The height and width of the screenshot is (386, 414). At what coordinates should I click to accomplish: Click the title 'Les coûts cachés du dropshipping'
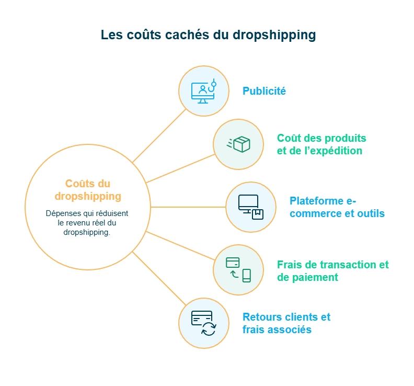pyautogui.click(x=208, y=35)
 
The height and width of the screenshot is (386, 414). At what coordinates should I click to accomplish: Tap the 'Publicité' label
pyautogui.click(x=264, y=91)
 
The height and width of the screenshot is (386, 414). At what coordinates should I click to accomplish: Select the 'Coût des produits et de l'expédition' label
pyautogui.click(x=321, y=144)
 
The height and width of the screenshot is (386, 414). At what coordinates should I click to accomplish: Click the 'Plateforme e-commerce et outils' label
pyautogui.click(x=337, y=207)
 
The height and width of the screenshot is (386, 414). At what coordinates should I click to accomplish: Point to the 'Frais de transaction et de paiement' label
pyautogui.click(x=332, y=271)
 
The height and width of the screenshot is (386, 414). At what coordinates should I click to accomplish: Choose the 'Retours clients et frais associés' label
pyautogui.click(x=286, y=323)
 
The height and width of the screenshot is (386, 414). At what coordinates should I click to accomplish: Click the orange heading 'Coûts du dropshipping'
pyautogui.click(x=88, y=190)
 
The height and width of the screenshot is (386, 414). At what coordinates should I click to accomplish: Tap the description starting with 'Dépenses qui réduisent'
pyautogui.click(x=87, y=223)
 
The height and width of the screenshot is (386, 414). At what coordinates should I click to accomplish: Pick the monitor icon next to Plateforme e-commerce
pyautogui.click(x=250, y=207)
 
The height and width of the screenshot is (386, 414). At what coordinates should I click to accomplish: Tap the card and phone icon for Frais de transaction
pyautogui.click(x=238, y=269)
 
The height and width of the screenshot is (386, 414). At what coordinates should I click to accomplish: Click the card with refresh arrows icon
pyautogui.click(x=203, y=323)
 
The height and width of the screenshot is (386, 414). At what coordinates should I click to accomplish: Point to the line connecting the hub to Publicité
pyautogui.click(x=159, y=135)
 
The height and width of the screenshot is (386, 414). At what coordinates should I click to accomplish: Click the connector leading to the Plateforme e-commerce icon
pyautogui.click(x=188, y=207)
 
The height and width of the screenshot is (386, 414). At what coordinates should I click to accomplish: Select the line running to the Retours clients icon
pyautogui.click(x=159, y=279)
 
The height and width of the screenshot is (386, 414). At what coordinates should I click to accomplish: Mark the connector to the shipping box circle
pyautogui.click(x=180, y=168)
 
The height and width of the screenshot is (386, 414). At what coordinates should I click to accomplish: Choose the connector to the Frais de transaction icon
pyautogui.click(x=180, y=246)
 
